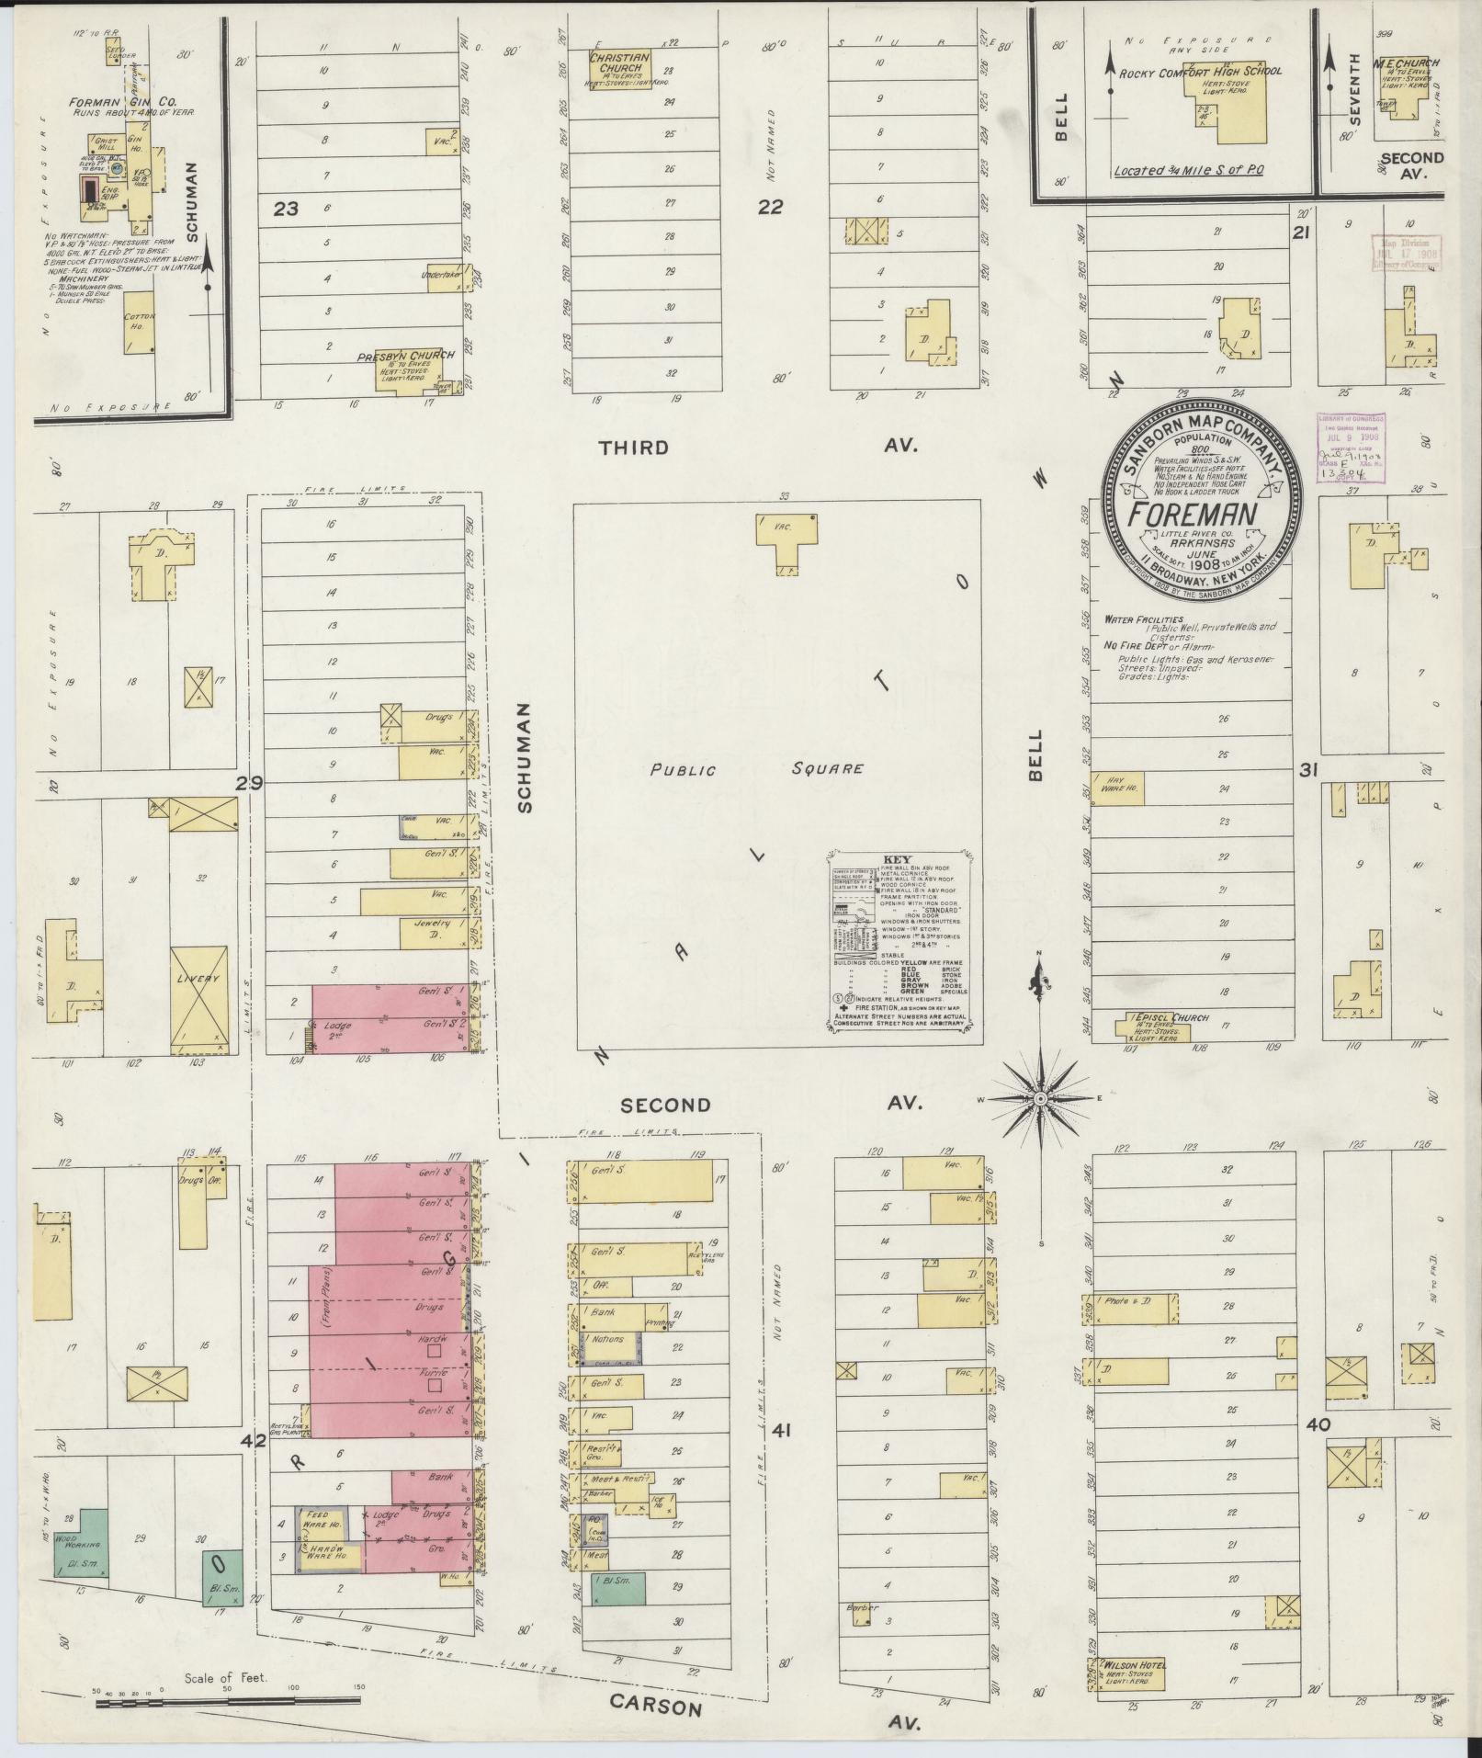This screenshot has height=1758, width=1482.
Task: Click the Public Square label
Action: click(x=757, y=769)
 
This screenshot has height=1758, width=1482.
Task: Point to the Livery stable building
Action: click(x=198, y=998)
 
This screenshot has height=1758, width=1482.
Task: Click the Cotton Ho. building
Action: click(x=140, y=323)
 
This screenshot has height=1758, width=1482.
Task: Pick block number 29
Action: click(x=249, y=784)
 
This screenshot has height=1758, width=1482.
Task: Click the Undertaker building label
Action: click(x=439, y=274)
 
